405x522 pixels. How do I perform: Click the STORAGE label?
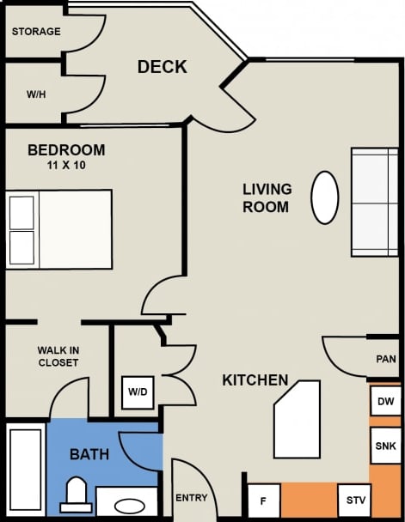[36, 32]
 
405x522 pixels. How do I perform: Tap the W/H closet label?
[36, 94]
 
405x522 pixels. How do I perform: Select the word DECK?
[162, 67]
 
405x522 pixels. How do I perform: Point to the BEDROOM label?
[66, 149]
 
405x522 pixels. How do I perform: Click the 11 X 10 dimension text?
[66, 164]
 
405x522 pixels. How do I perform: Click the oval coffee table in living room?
[324, 197]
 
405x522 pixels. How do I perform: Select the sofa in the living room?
[374, 202]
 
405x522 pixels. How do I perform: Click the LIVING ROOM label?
[267, 197]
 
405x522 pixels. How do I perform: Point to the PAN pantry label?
[385, 359]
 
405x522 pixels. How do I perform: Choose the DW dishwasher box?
[386, 401]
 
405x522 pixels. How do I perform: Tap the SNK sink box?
[386, 446]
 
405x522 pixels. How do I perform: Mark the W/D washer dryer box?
[138, 391]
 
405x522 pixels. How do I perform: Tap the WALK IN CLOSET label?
[58, 356]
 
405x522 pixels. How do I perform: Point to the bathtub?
[25, 470]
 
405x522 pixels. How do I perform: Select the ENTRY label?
[190, 498]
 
